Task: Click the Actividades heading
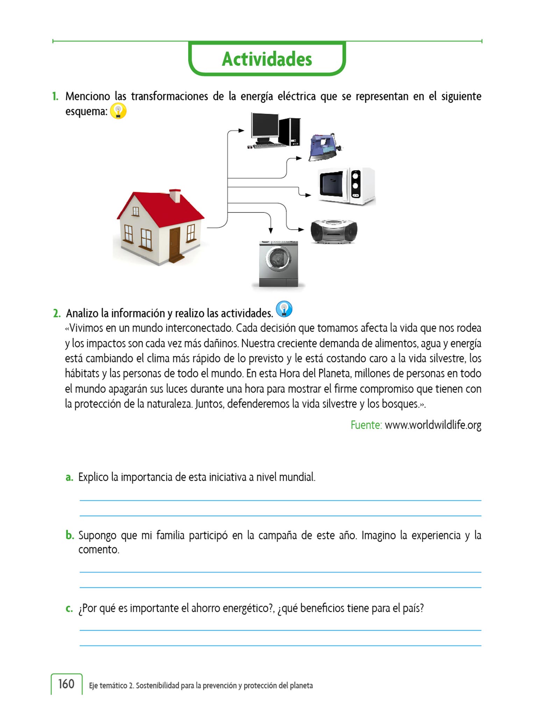click(267, 59)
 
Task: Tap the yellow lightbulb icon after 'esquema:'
click(118, 111)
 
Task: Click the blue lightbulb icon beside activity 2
click(284, 309)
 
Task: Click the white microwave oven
click(346, 186)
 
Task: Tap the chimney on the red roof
click(175, 195)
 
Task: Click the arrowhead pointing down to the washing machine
click(270, 230)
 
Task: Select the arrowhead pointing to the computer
click(241, 131)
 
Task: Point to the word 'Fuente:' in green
click(366, 425)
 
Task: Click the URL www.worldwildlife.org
click(433, 425)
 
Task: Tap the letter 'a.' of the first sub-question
click(69, 477)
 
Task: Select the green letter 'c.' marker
click(69, 608)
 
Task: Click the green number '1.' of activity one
click(55, 96)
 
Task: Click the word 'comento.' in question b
click(99, 550)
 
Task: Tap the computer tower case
click(290, 131)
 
